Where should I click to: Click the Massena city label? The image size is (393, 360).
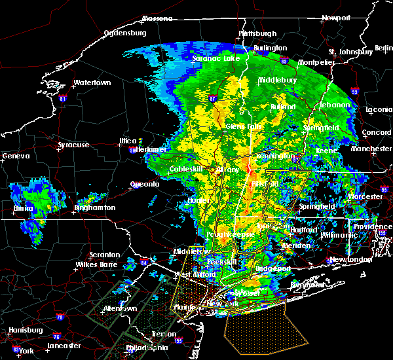click(x=157, y=18)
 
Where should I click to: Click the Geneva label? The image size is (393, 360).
click(x=16, y=156)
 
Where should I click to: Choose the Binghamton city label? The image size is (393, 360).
click(x=94, y=207)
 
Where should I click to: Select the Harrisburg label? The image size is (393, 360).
click(x=22, y=330)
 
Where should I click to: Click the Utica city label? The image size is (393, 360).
click(x=127, y=141)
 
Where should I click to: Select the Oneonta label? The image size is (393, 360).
click(x=144, y=184)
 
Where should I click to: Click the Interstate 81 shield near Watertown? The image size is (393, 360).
click(x=63, y=99)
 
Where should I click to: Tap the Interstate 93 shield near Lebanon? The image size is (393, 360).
click(x=354, y=92)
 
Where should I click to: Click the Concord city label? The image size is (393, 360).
click(x=376, y=133)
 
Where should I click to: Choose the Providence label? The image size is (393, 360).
click(x=373, y=226)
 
